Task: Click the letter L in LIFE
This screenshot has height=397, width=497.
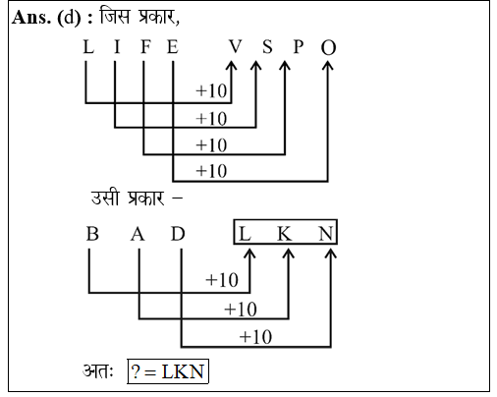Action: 88,46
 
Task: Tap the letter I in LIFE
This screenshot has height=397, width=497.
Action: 117,46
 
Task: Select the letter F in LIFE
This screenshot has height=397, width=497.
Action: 145,46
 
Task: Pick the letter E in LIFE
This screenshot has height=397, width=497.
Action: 173,46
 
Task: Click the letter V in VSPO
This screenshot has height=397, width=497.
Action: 235,46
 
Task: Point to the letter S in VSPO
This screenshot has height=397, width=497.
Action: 267,46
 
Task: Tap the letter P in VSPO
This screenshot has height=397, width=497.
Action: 298,46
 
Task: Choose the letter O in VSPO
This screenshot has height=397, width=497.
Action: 328,47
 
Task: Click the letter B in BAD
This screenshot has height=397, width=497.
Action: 92,234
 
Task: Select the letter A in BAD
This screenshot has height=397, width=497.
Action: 138,234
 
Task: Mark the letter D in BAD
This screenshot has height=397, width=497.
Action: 178,234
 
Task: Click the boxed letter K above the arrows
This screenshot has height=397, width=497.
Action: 285,234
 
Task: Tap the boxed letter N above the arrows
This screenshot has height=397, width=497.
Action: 326,234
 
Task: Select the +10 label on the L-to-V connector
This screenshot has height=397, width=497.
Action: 211,90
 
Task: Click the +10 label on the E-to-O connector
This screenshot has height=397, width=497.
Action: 211,171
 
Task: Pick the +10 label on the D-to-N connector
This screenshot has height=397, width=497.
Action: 255,337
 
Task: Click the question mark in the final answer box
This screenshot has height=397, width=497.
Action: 136,371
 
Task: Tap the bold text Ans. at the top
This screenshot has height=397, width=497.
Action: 31,17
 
